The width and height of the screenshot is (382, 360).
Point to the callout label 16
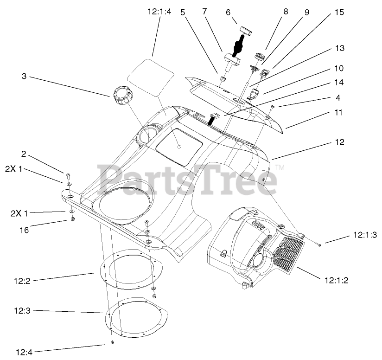tap(24, 229)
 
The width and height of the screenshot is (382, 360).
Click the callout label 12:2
tap(22, 281)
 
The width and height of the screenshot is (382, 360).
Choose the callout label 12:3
tap(22, 310)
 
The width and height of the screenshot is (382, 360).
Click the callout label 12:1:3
tap(365, 236)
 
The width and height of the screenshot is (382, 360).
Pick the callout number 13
tap(340, 48)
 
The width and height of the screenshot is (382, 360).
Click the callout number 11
tap(340, 112)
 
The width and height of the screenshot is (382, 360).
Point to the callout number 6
tap(228, 13)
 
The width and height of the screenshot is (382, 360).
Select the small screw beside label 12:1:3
tap(319, 244)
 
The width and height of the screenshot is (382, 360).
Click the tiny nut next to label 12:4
tap(113, 343)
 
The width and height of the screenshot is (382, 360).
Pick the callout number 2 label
tap(23, 154)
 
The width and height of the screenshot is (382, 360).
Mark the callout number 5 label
tap(183, 13)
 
